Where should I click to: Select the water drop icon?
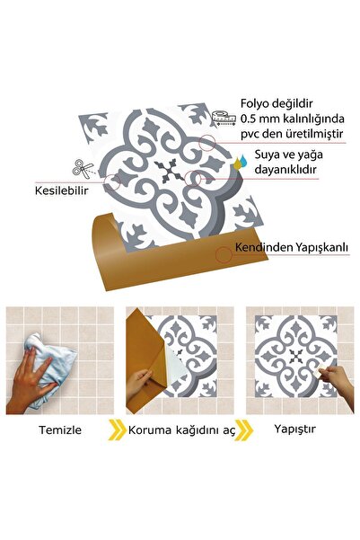(239, 162)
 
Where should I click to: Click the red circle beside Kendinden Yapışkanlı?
(223, 253)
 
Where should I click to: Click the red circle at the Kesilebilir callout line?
(113, 183)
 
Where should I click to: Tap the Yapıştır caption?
(294, 430)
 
